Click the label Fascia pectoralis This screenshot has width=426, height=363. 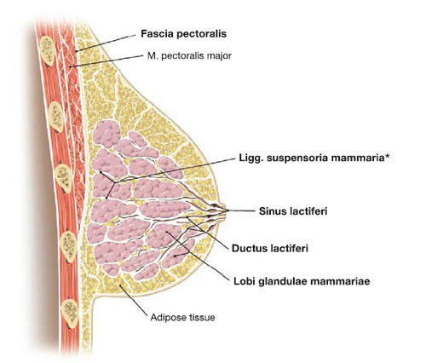(184, 34)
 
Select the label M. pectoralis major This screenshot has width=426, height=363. (189, 55)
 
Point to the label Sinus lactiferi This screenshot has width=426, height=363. (293, 211)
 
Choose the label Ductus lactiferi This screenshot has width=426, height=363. (270, 248)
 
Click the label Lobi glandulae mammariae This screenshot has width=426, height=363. (302, 281)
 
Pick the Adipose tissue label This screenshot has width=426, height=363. (182, 317)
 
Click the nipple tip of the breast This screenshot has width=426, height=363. (225, 210)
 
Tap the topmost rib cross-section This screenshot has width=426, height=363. (47, 51)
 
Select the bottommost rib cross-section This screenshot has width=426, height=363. (70, 314)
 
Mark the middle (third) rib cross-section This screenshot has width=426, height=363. (63, 179)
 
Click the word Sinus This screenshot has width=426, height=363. (272, 211)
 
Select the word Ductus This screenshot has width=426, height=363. (247, 248)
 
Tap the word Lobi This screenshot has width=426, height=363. (242, 281)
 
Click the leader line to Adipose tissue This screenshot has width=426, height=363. (134, 300)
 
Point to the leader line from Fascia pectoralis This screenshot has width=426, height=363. (106, 43)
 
